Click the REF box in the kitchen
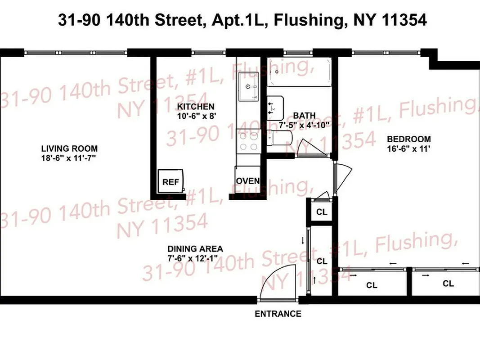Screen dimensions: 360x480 pos(170,182)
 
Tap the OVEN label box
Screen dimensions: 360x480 pos(248,181)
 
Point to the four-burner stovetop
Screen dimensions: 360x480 pos(248,141)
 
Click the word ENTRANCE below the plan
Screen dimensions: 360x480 pos(278,314)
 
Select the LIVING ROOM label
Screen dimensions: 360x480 pos(69,148)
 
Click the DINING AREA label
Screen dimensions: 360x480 pos(195,249)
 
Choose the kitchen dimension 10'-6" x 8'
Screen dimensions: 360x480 pos(195,115)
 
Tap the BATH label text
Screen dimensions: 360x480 pos(305,115)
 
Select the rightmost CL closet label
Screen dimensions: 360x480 pos(448,283)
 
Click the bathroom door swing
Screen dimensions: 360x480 pos(310,147)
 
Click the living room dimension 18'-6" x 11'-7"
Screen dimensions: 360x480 pos(69,157)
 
